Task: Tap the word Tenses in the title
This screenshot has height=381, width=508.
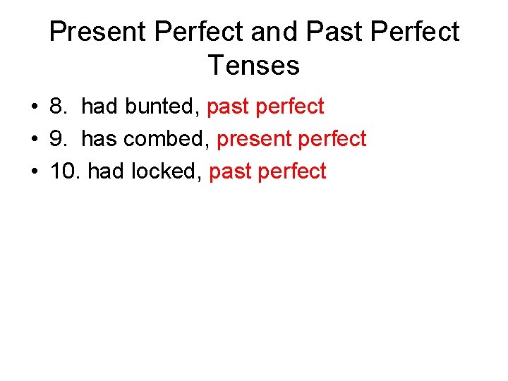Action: [x=254, y=66]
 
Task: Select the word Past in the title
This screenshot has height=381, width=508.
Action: [x=329, y=32]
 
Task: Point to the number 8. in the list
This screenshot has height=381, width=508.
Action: [x=59, y=107]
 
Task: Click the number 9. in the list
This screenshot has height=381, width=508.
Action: [x=59, y=139]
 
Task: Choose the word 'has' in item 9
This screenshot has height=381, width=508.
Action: [x=99, y=139]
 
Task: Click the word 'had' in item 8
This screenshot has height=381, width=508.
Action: [x=99, y=107]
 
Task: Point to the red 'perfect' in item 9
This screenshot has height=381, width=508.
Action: [x=332, y=139]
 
